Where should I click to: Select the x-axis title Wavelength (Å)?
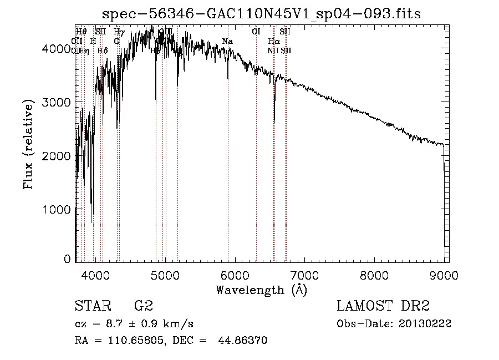click(261, 289)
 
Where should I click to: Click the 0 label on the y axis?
click(67, 259)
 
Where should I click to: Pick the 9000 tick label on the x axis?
click(444, 275)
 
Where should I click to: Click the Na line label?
click(227, 41)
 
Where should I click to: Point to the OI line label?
click(256, 32)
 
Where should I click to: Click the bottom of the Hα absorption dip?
click(274, 120)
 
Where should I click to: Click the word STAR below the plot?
click(90, 306)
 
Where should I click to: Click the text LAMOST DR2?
click(383, 306)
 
